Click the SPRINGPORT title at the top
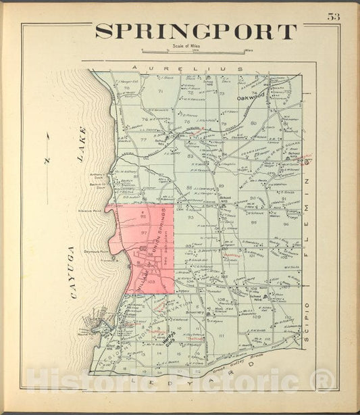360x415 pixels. click(x=196, y=32)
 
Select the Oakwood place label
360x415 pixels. click(x=251, y=97)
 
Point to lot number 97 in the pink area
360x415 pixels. click(x=143, y=232)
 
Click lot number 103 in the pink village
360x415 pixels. click(x=152, y=278)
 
